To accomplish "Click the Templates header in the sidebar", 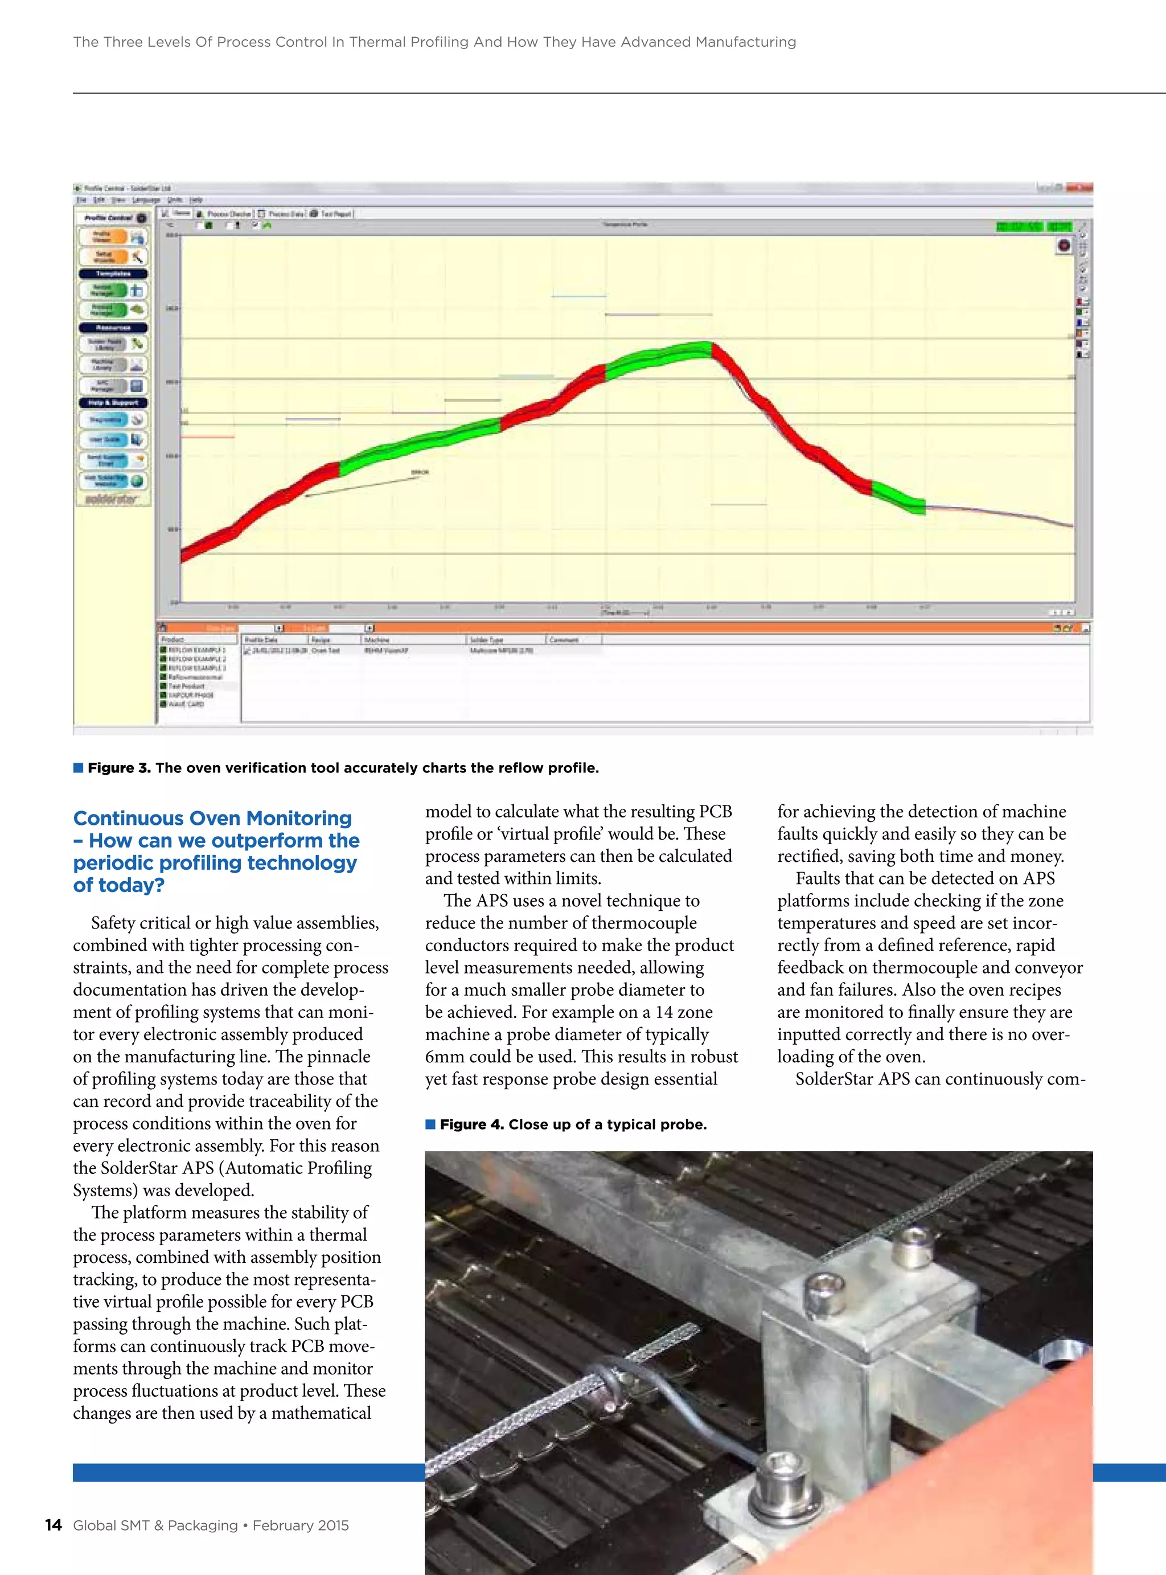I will [113, 273].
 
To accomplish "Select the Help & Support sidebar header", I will [113, 402].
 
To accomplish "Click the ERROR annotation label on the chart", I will [419, 472].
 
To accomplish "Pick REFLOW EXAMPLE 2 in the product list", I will [197, 658].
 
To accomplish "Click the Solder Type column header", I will [487, 640].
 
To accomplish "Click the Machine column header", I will [377, 640].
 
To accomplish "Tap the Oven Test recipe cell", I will [326, 650].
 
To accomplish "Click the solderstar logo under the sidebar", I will [112, 499].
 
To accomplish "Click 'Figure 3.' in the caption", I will [118, 768].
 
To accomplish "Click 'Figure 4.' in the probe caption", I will [471, 1124].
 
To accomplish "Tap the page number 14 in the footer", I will [53, 1525].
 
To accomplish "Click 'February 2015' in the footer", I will [301, 1525].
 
